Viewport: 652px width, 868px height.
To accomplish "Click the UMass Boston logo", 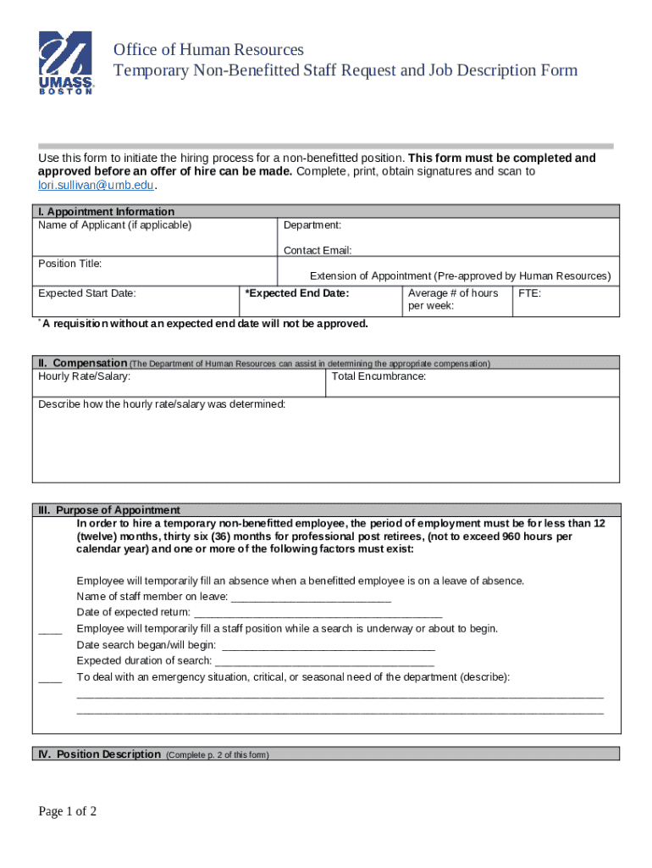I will click(66, 64).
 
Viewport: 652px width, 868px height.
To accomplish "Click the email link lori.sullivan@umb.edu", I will click(97, 185).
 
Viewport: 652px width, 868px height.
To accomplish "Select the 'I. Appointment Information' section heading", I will click(106, 212).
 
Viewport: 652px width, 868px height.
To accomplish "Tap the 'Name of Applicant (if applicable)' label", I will click(115, 225).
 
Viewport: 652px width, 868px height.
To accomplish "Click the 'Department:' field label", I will click(312, 225).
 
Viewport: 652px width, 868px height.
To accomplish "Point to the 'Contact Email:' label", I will click(318, 250).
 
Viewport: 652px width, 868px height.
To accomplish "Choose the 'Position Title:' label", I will click(70, 264).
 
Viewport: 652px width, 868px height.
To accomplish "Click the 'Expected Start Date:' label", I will click(87, 293).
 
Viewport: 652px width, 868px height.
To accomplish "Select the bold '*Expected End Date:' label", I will click(296, 293).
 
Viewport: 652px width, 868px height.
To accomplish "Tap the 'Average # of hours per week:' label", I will click(453, 299).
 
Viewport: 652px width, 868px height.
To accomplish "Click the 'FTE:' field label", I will click(529, 293).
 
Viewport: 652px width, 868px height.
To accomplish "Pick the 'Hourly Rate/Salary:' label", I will click(85, 376).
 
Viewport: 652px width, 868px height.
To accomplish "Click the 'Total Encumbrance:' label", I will click(378, 376).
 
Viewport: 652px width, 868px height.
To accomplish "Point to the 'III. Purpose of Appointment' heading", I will click(109, 510).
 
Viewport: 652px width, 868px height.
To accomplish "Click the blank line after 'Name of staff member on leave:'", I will click(311, 597).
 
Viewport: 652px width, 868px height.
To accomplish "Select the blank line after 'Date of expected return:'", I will click(318, 613).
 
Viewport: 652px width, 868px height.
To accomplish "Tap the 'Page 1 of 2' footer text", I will click(68, 812).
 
